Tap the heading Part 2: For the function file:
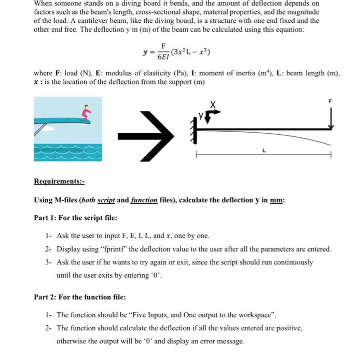[79, 297]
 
